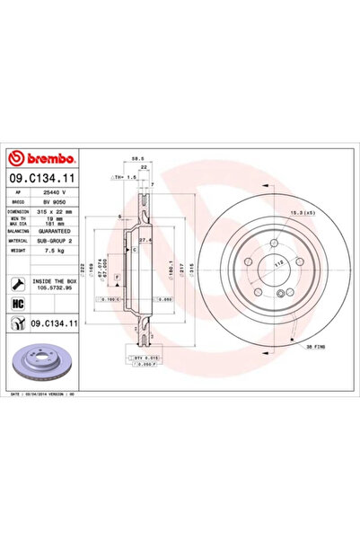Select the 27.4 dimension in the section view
(148, 240)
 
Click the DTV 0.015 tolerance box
(143, 357)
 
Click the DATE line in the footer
(49, 392)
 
